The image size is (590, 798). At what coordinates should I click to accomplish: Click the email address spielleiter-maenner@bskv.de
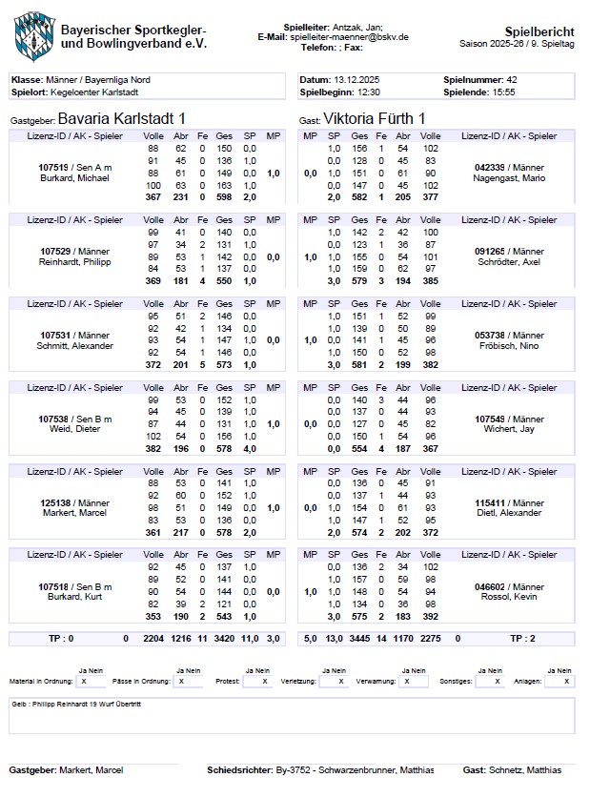[x=351, y=36]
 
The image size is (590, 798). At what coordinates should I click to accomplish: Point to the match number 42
[x=512, y=79]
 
